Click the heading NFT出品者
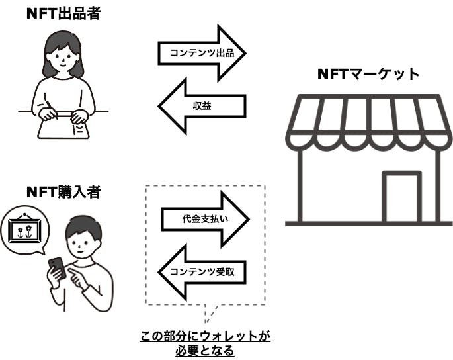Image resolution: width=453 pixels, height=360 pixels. tap(63, 13)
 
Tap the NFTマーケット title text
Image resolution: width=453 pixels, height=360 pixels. tap(368, 74)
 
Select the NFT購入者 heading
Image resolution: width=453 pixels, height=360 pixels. tap(63, 192)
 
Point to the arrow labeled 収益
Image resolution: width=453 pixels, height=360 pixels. tap(202, 105)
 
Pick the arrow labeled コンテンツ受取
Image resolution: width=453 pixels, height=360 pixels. tap(202, 271)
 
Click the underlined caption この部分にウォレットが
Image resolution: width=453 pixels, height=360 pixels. tap(206, 336)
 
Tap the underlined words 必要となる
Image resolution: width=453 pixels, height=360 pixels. tap(206, 351)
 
